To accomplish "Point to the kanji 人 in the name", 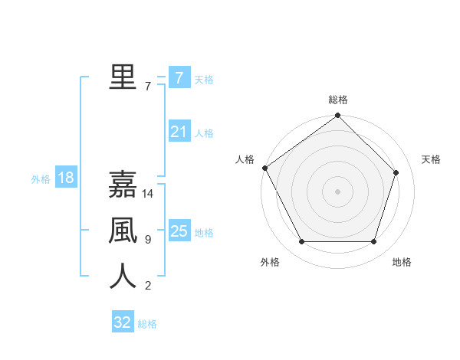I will click(x=123, y=276).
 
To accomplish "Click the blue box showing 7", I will click(x=179, y=77).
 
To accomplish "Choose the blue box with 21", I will click(x=179, y=132).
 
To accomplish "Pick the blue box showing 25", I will click(x=179, y=231).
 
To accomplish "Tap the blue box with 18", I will click(x=66, y=178).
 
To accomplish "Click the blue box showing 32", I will click(x=123, y=322).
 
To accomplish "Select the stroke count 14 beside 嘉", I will click(x=149, y=194).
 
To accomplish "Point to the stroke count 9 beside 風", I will click(x=148, y=240).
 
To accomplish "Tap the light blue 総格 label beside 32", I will click(x=147, y=324).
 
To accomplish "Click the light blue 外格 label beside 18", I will click(x=41, y=179).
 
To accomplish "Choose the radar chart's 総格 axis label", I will click(x=337, y=100).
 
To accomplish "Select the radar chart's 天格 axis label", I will click(x=431, y=159).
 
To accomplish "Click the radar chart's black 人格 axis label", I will click(x=245, y=159).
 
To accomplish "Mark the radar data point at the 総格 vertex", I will click(x=337, y=116).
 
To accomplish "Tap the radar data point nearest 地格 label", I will click(x=374, y=242).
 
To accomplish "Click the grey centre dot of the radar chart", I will click(x=337, y=191).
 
